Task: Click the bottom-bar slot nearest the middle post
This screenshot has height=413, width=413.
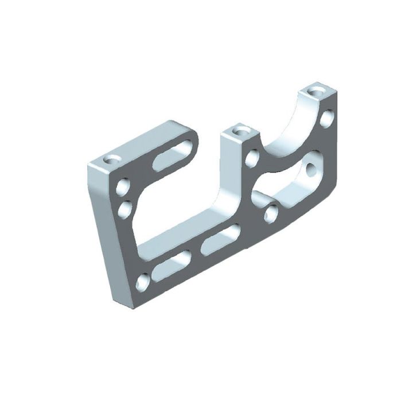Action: [x=221, y=240]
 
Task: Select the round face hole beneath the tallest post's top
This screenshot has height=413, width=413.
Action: [x=327, y=119]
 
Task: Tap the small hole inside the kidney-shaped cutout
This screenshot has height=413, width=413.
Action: [x=311, y=169]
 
